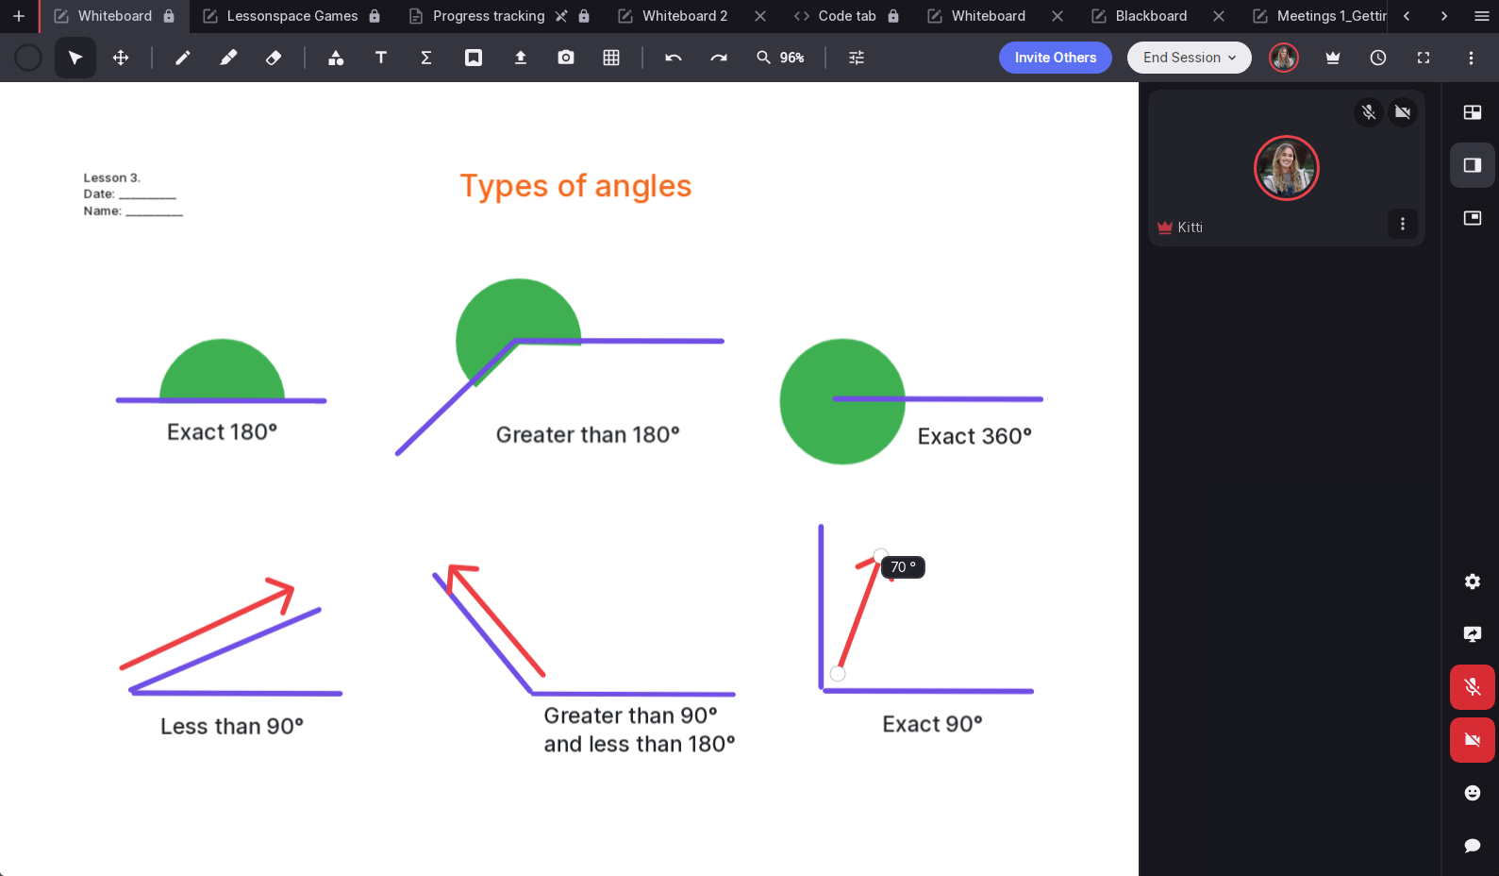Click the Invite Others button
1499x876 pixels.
[1056, 58]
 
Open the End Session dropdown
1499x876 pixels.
[1190, 58]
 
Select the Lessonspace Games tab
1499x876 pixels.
[291, 16]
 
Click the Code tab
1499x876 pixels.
[846, 16]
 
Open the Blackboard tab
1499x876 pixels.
[1151, 16]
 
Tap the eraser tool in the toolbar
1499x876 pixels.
[273, 58]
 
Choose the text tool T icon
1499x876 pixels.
[381, 58]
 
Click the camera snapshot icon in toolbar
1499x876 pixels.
[565, 58]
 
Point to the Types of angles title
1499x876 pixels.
[575, 186]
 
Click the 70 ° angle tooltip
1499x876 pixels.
[903, 567]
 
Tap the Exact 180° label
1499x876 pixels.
[222, 432]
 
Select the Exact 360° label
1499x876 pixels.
[974, 436]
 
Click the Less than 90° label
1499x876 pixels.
[231, 726]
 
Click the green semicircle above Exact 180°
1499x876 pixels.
[222, 370]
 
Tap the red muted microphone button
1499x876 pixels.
[1473, 687]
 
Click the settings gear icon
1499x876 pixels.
[1473, 581]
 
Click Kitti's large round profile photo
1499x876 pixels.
[1286, 168]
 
